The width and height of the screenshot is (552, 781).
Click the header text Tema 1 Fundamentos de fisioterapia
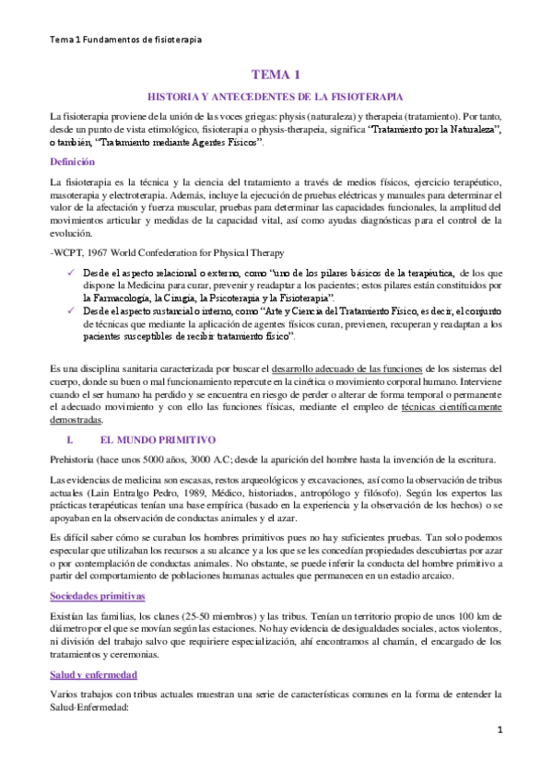click(125, 40)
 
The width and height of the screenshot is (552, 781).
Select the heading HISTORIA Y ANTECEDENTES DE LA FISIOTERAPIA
click(276, 97)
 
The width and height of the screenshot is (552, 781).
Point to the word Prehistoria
click(77, 460)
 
